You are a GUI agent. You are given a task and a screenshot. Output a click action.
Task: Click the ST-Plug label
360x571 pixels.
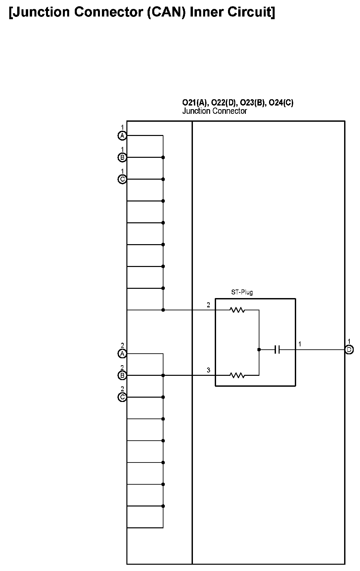[242, 292]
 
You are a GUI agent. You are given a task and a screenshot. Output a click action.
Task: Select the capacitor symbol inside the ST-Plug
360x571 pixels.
[277, 349]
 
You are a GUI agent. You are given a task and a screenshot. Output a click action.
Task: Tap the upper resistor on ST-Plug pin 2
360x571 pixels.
[237, 310]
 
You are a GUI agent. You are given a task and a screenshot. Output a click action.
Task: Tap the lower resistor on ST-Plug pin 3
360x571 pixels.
[237, 375]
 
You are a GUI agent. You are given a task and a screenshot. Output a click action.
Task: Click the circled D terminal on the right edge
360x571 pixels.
[349, 349]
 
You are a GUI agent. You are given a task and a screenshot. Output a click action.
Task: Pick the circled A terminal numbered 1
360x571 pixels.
[122, 136]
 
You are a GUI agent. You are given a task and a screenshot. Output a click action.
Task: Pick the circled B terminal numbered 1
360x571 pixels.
[122, 157]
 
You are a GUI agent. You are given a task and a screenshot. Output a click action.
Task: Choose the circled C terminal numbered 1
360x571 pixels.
[122, 179]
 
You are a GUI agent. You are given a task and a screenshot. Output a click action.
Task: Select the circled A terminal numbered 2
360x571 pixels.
[122, 354]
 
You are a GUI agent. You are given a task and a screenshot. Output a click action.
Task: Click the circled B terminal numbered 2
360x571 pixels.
[122, 375]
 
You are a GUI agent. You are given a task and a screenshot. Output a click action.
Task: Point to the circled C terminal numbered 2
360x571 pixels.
[122, 397]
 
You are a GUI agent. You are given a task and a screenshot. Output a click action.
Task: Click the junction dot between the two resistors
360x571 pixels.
[259, 349]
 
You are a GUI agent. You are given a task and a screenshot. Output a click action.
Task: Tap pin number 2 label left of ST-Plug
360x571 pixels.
[208, 305]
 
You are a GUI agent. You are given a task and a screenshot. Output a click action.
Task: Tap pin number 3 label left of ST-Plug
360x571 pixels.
[208, 370]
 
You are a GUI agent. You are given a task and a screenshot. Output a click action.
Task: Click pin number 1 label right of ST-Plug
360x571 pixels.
[300, 344]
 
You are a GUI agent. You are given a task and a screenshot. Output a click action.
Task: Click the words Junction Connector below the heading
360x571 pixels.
[214, 111]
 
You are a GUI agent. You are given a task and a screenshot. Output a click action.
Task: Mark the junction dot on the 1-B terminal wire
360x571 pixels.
[163, 157]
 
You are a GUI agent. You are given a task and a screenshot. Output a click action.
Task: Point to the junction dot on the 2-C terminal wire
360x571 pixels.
[163, 397]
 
